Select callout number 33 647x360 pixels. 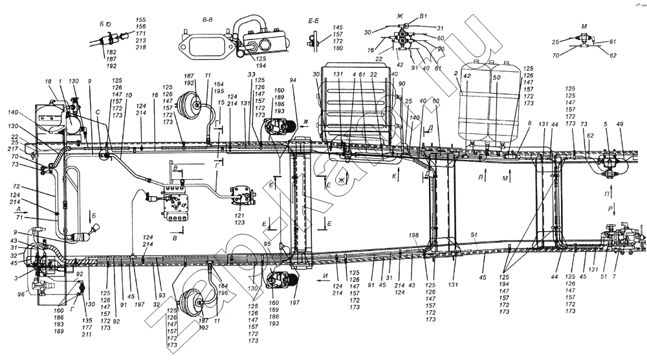(x=250, y=75)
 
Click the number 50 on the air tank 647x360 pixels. (x=497, y=77)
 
